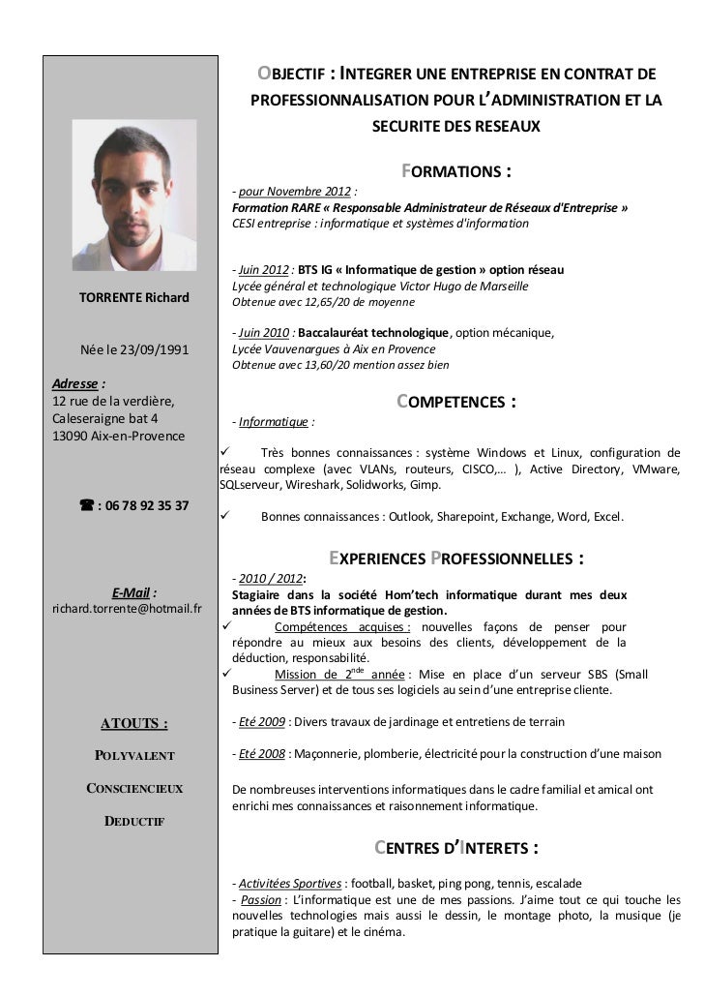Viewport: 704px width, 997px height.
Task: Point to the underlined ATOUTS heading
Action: [x=133, y=722]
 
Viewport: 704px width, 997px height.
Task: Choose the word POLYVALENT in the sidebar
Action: [x=133, y=755]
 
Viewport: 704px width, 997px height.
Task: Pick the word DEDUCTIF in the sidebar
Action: [x=133, y=822]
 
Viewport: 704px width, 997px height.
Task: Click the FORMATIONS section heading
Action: [x=455, y=172]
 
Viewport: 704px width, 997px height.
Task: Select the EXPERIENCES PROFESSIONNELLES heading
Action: [x=455, y=559]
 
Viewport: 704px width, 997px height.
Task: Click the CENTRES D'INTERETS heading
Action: [x=455, y=849]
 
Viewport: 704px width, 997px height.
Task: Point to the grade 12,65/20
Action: [x=338, y=303]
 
